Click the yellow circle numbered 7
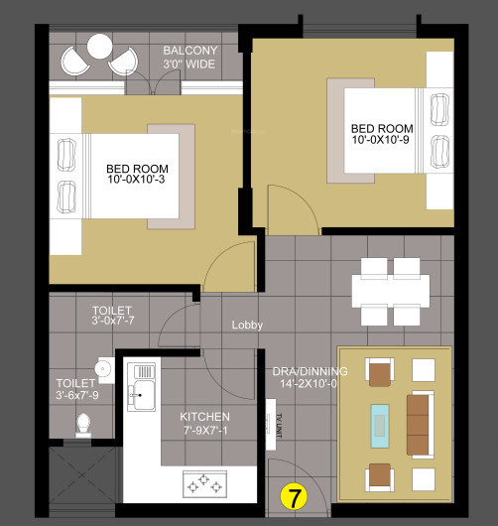point(293,493)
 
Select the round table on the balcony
point(99,47)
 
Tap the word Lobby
point(247,325)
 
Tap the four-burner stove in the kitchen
point(204,485)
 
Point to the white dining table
point(391,290)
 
